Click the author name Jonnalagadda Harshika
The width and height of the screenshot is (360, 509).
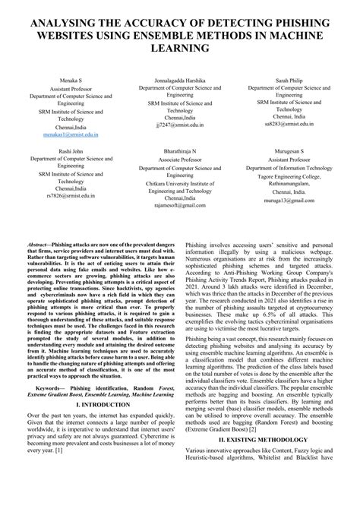pos(180,79)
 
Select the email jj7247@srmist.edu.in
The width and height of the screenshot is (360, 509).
pos(180,122)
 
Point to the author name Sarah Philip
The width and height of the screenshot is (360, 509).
pos(292,79)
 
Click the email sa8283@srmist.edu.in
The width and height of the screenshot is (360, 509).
pos(292,122)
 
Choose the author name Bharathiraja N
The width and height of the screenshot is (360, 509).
pos(180,151)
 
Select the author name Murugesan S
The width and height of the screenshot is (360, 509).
pos(292,151)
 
